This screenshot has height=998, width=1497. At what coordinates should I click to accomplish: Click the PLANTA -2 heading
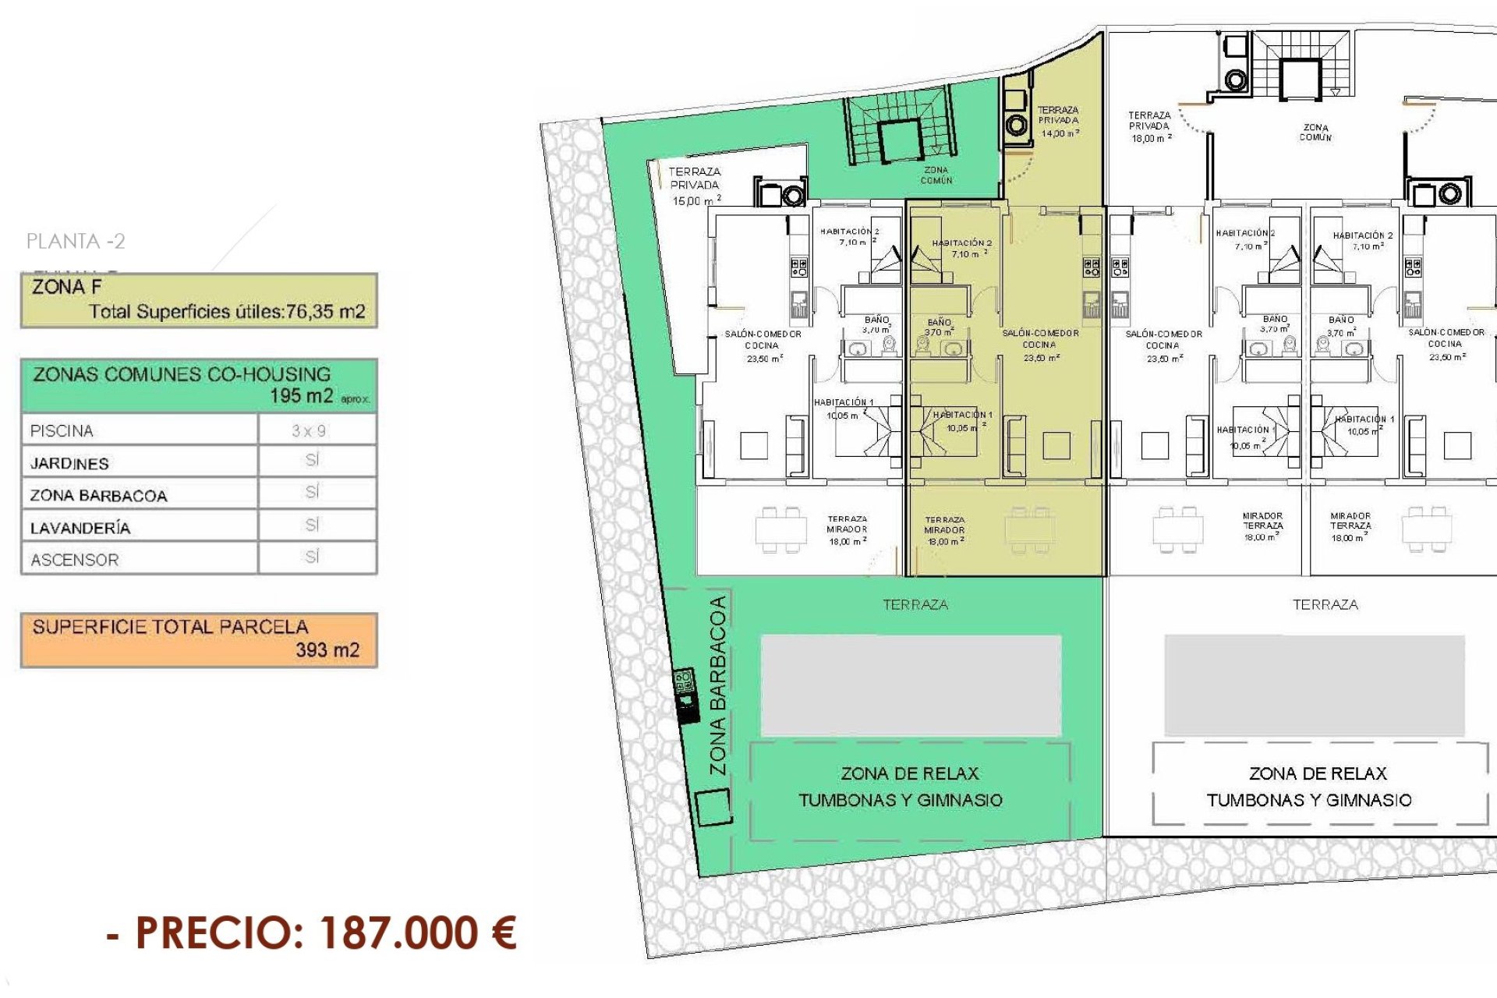(x=76, y=241)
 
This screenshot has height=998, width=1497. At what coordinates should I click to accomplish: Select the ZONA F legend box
(x=199, y=300)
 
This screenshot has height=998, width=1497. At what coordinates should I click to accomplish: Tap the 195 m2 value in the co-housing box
(x=301, y=395)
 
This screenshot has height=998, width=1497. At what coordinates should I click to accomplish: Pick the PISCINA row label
(x=62, y=430)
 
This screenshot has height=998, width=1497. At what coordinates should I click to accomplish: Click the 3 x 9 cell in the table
(x=309, y=430)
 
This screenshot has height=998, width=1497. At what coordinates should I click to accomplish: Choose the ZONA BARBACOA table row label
(x=98, y=495)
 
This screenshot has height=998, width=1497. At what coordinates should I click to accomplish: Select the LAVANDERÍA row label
(x=80, y=528)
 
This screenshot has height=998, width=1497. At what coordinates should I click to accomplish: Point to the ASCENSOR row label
(x=74, y=560)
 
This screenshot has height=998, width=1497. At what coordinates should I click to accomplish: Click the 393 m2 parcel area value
(x=327, y=650)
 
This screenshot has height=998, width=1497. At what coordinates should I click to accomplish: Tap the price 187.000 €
(x=417, y=933)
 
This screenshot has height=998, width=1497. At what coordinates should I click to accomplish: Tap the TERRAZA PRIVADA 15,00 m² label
(x=695, y=186)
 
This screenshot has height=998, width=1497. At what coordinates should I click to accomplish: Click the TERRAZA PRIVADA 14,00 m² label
(x=1058, y=122)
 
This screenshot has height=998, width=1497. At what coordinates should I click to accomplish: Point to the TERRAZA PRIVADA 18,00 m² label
(x=1150, y=126)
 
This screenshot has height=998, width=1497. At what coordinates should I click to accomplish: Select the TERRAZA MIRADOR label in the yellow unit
(x=944, y=530)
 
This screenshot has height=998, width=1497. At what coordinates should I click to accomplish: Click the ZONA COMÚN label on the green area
(x=936, y=175)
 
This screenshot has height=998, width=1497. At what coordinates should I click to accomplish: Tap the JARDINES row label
(x=69, y=463)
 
